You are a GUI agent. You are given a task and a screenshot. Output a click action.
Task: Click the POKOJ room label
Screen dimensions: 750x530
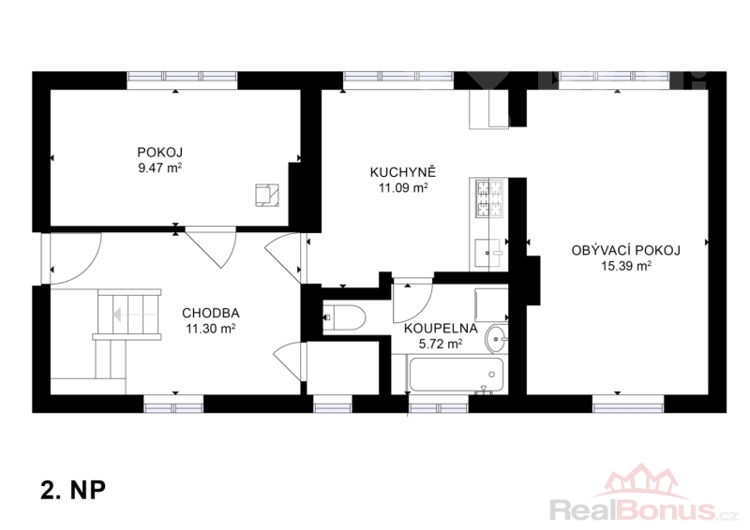pos(159,153)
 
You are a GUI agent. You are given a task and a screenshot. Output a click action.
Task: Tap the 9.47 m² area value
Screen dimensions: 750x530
pos(159,169)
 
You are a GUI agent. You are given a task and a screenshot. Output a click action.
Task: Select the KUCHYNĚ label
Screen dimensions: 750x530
pos(403,172)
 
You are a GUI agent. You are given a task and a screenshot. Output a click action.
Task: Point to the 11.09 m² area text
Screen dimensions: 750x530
pos(403,188)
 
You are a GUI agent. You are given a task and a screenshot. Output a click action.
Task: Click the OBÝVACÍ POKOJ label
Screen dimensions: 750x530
pos(625,250)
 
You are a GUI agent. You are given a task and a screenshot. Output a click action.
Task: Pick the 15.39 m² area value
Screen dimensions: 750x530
pos(625,266)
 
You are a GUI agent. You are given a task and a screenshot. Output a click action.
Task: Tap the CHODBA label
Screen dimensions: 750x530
pos(210,313)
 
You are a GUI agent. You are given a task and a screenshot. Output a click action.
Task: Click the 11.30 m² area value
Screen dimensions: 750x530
pos(210,329)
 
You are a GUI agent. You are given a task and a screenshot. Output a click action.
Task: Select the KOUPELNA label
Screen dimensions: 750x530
pos(441,329)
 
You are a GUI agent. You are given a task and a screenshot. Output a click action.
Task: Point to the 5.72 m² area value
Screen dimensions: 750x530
pos(441,344)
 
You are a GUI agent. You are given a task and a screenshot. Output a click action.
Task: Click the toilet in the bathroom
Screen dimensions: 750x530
pos(344,317)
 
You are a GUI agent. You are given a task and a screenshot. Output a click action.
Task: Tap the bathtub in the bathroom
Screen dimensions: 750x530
pos(456,375)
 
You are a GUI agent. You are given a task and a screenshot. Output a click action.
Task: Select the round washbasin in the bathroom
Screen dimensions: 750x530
pos(497,338)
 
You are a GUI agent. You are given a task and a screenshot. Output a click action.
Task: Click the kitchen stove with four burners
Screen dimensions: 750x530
pos(488,199)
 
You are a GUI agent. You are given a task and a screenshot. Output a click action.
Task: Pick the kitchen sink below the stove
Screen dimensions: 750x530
pos(488,252)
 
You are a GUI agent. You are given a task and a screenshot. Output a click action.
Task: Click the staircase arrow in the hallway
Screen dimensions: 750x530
pos(135,315)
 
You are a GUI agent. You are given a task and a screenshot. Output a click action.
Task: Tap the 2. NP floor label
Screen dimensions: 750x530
pos(73,490)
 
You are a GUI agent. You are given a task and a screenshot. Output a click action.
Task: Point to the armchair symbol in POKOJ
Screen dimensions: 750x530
pos(267,195)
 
